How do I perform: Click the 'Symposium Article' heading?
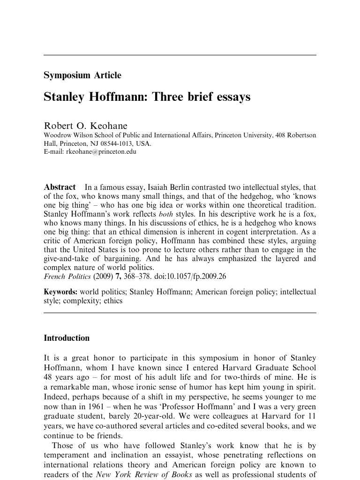pyautogui.click(x=82, y=75)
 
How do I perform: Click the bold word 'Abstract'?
pyautogui.click(x=60, y=187)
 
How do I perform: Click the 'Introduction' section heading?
pyautogui.click(x=67, y=338)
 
